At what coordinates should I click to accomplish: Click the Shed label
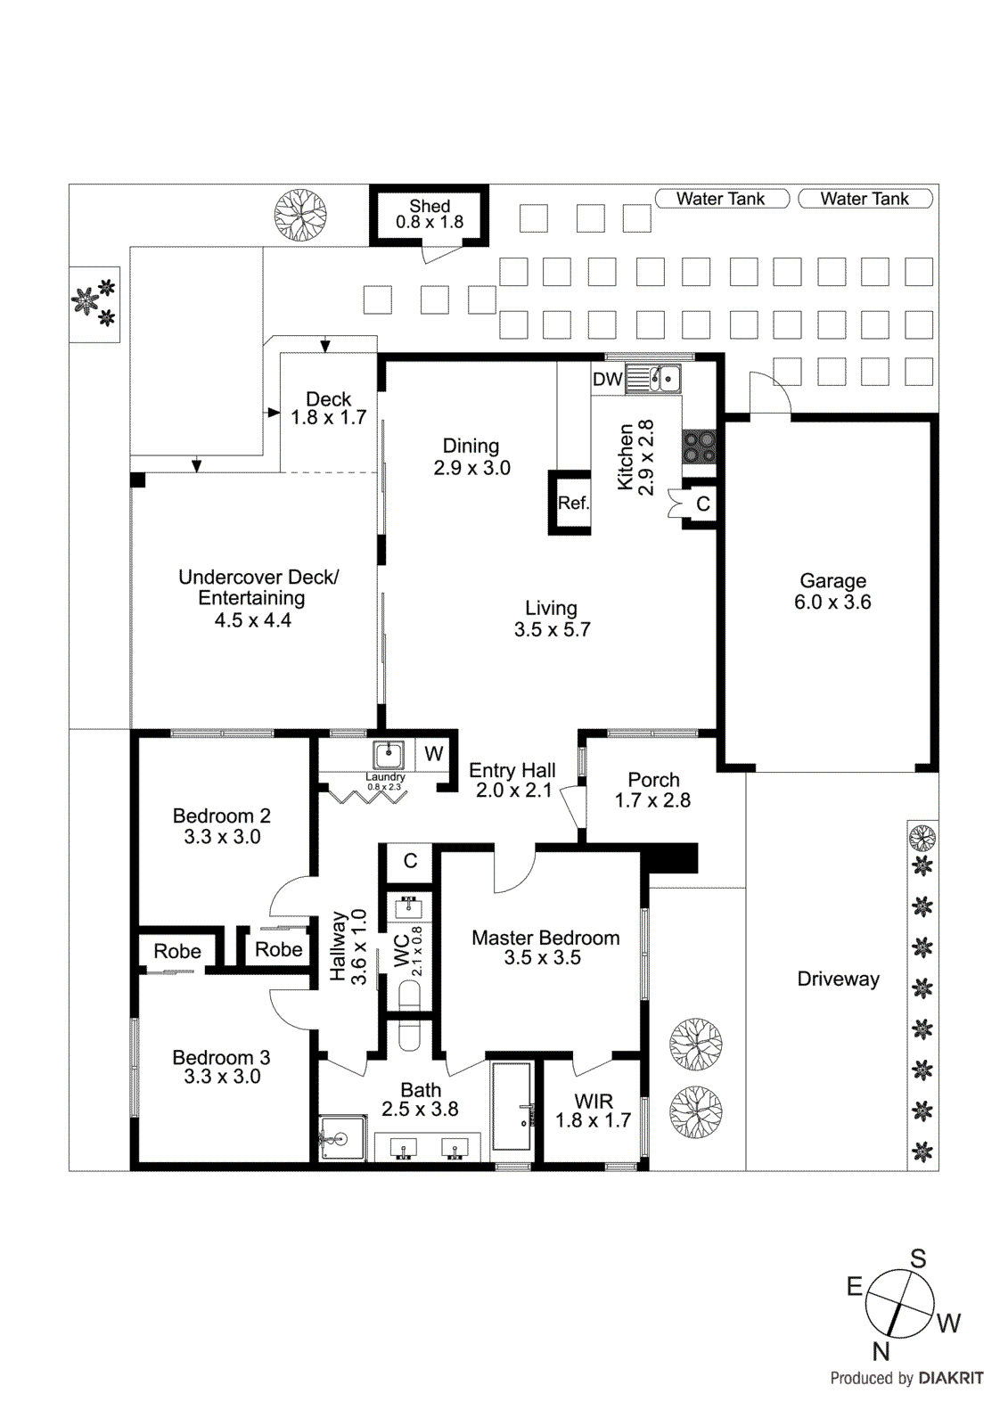point(430,214)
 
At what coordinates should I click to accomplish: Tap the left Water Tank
point(721,199)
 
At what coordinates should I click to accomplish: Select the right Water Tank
point(865,199)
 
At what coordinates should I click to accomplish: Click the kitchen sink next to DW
point(655,380)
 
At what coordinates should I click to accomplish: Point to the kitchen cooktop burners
point(699,447)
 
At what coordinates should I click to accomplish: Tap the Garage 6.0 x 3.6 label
point(832,592)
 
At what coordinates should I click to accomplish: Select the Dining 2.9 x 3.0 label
point(471,456)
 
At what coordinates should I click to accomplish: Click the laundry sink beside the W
point(389,756)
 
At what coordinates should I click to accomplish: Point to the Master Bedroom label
point(545,947)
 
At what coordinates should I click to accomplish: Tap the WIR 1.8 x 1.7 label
point(593,1110)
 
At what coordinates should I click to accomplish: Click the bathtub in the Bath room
point(512,1106)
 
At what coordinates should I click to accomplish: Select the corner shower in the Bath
point(341,1137)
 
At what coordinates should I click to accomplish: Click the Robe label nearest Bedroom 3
point(177,951)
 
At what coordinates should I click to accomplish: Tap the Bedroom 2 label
point(221,825)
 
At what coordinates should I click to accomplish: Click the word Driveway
point(838,979)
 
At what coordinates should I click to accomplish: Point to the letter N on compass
point(881,1351)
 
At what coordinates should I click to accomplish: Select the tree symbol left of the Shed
point(300,215)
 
